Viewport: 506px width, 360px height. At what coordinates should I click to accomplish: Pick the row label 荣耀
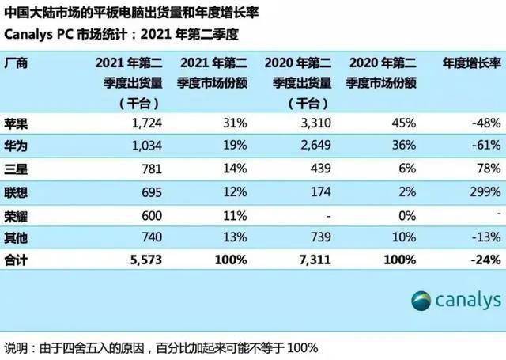[17, 214]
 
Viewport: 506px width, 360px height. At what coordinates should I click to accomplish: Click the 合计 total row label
[17, 259]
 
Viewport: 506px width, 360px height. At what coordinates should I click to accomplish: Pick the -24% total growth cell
[483, 259]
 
